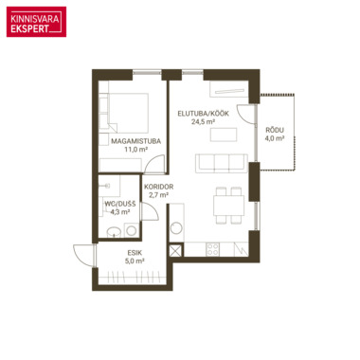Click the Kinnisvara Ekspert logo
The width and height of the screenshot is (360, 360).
click(x=36, y=22)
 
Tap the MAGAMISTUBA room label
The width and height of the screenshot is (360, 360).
click(x=136, y=141)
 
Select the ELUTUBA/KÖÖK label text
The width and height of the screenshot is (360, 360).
click(x=203, y=114)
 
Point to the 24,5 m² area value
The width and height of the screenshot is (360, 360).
click(x=203, y=122)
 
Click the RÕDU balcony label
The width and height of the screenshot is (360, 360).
click(x=275, y=130)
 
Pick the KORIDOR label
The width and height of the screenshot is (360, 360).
click(x=158, y=187)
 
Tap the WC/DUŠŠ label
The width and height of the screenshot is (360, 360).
click(x=120, y=204)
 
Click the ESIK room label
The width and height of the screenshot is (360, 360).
click(x=135, y=253)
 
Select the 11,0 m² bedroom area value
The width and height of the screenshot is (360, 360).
click(x=136, y=150)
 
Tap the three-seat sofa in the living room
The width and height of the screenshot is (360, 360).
click(x=221, y=163)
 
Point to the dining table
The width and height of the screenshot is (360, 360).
click(x=228, y=206)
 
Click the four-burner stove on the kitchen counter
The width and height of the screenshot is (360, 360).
click(x=212, y=249)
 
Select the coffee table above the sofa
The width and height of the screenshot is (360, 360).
click(x=224, y=135)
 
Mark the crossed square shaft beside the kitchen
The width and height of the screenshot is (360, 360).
click(x=176, y=250)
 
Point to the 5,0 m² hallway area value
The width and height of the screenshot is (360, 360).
click(x=135, y=261)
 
